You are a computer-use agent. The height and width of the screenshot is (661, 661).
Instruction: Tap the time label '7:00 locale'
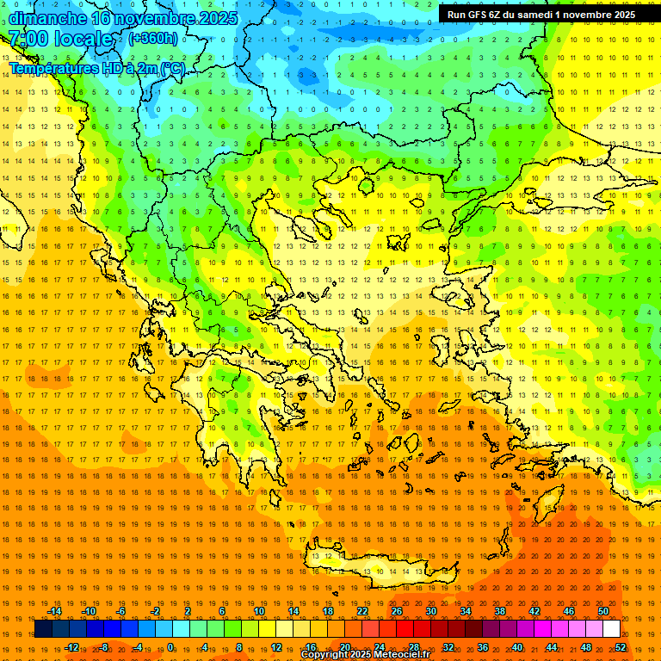(x=60, y=39)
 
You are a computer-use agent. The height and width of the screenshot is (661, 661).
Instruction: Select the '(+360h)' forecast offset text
(x=153, y=38)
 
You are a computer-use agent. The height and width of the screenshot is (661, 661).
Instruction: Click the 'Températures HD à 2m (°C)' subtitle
(x=97, y=68)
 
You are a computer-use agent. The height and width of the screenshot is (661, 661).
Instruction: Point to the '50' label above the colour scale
(x=603, y=611)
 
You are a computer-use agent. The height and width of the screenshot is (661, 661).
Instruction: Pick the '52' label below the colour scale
(x=621, y=647)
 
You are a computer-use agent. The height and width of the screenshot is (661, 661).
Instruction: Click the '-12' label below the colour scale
(x=71, y=647)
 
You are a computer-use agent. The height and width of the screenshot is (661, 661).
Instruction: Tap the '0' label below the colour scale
(x=170, y=647)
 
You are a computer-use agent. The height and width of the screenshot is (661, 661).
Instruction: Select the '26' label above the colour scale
(x=397, y=611)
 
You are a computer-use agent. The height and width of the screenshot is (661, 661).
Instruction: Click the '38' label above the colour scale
(x=500, y=611)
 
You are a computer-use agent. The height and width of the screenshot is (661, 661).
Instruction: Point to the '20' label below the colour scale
(x=345, y=647)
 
